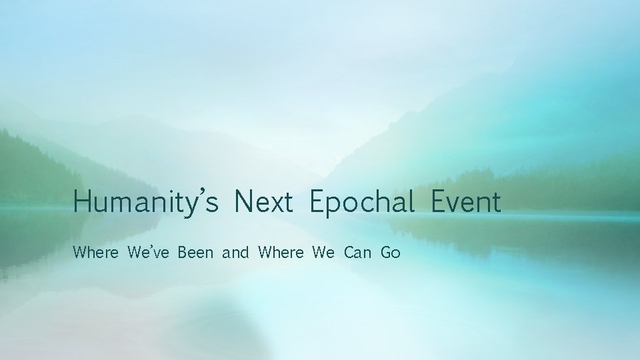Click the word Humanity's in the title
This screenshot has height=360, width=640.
[146, 202]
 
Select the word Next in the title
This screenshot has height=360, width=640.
[263, 201]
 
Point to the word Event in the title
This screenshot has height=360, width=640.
[465, 201]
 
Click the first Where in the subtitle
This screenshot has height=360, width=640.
[96, 253]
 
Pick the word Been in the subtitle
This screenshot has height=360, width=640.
[195, 253]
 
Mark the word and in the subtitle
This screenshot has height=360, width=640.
[235, 253]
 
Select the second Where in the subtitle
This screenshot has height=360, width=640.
[280, 253]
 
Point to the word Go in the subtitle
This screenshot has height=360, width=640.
[391, 253]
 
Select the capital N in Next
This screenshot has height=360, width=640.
[244, 201]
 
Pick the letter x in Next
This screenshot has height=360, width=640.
[274, 204]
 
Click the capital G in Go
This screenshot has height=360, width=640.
[386, 253]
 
